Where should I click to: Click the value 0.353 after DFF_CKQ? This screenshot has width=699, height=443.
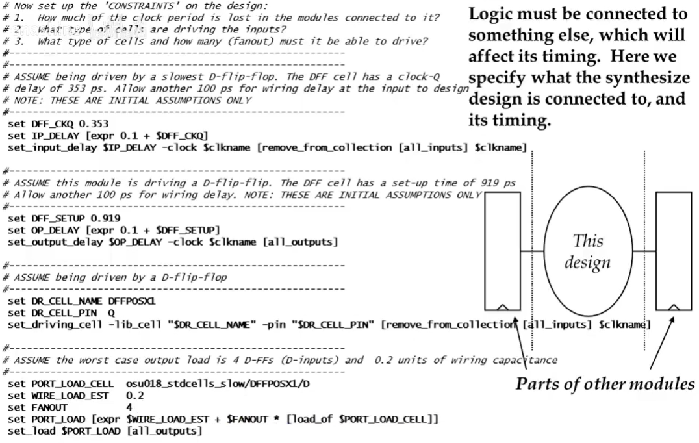(x=95, y=123)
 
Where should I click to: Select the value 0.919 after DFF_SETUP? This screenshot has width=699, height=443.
(x=105, y=218)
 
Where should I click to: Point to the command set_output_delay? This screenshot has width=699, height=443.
(x=51, y=242)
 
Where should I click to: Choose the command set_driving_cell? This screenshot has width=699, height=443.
(x=51, y=324)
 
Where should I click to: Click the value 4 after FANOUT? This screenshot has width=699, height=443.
(x=129, y=407)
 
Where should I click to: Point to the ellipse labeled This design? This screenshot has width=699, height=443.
(x=587, y=250)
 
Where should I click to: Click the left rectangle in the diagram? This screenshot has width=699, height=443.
(x=502, y=250)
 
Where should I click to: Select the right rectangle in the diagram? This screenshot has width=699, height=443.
(x=673, y=250)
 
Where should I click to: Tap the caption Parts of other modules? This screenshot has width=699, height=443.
(x=605, y=384)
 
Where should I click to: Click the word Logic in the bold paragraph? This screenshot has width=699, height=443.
(x=490, y=14)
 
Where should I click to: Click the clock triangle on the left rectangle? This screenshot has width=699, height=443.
(x=502, y=306)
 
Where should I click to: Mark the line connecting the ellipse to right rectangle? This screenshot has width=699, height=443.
(x=644, y=251)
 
